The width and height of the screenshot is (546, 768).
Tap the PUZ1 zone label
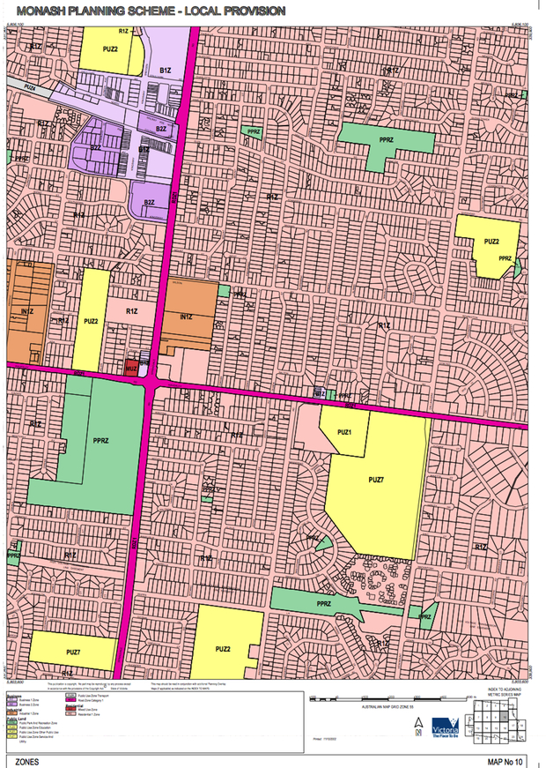coord(342,433)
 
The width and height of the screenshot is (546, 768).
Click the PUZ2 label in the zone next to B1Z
coord(110,49)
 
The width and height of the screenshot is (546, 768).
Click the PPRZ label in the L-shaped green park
coord(385,141)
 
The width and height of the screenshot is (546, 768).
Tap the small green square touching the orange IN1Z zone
coord(224,290)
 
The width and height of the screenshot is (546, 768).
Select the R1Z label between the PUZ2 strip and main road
coord(132,311)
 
